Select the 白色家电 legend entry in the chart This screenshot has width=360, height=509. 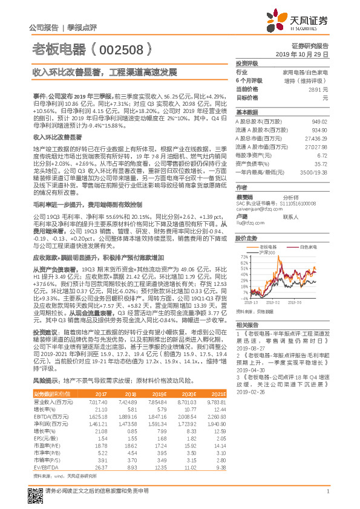[x=308, y=247]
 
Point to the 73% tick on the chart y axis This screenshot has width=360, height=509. [x=243, y=256]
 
